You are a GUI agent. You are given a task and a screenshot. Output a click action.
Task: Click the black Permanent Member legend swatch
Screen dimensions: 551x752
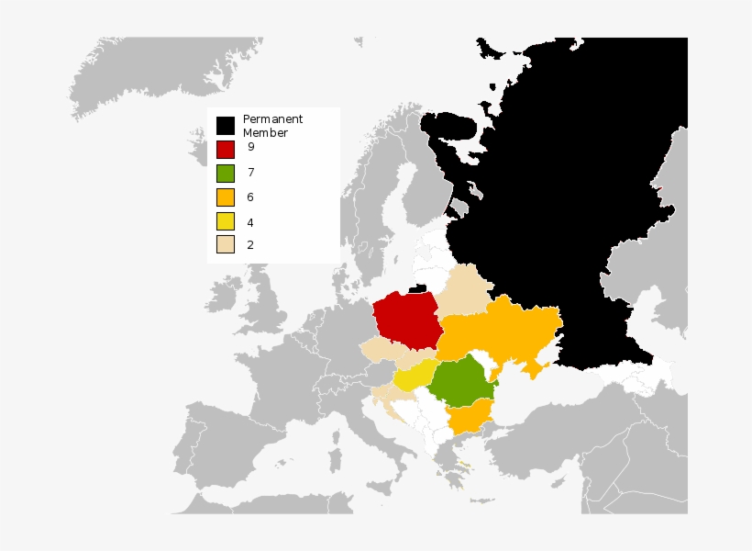(225, 124)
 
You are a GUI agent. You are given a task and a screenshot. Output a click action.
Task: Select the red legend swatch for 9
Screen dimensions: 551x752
(225, 148)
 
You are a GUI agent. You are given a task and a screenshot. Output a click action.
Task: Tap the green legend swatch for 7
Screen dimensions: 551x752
(225, 173)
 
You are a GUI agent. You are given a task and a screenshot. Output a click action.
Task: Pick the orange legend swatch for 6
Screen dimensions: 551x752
(225, 197)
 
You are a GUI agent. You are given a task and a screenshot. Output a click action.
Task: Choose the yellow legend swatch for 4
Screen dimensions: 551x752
(225, 221)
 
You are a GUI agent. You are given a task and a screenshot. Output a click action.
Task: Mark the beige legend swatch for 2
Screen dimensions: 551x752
(225, 244)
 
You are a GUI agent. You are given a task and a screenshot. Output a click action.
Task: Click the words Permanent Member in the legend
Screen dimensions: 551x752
(271, 126)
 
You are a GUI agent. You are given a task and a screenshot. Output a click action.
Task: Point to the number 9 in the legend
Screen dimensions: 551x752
(250, 147)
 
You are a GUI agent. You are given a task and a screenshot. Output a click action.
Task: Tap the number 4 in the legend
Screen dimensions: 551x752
(250, 222)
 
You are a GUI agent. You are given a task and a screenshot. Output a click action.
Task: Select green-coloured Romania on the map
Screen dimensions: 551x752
(461, 382)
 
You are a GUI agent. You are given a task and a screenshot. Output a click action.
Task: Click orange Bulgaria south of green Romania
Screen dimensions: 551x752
(468, 420)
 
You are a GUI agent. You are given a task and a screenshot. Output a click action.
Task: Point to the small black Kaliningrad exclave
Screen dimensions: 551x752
(417, 288)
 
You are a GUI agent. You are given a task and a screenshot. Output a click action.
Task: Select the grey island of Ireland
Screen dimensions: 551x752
(221, 293)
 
